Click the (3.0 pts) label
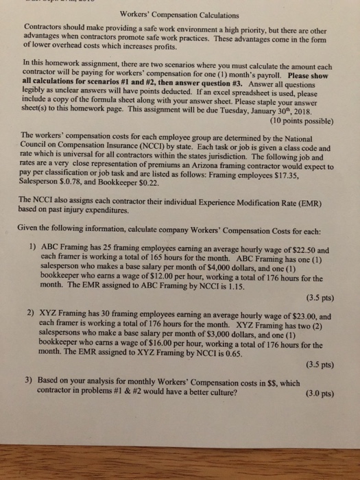tap(317, 394)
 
